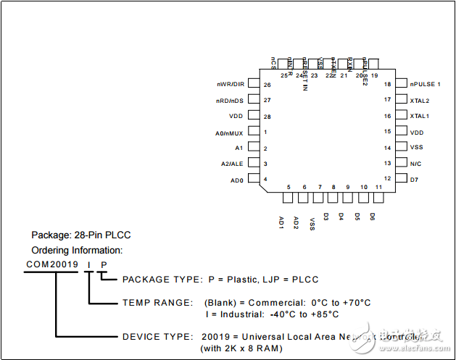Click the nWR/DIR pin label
click(x=230, y=85)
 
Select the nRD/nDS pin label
click(x=230, y=101)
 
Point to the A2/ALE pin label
click(x=232, y=164)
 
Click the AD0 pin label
click(x=236, y=180)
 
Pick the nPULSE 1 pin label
click(x=425, y=85)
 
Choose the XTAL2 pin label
click(x=419, y=101)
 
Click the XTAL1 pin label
click(x=419, y=116)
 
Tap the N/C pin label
click(x=415, y=164)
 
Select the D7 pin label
click(x=414, y=179)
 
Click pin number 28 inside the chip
click(x=267, y=117)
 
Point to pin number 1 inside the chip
click(x=265, y=132)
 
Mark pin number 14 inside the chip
click(x=388, y=148)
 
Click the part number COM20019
click(x=52, y=264)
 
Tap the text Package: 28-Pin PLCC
click(x=81, y=235)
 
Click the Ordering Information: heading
click(x=77, y=251)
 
